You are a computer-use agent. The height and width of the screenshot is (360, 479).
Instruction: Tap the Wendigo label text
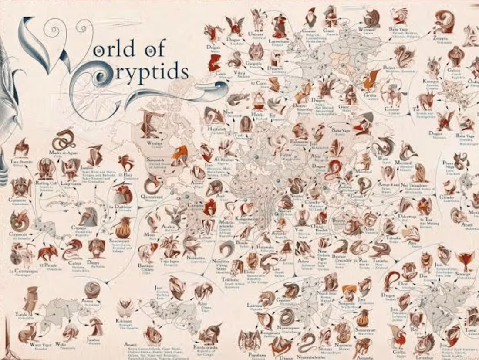155,143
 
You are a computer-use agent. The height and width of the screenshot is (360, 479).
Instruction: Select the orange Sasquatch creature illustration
177,153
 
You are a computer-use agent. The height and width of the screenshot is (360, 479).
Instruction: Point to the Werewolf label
364,30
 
